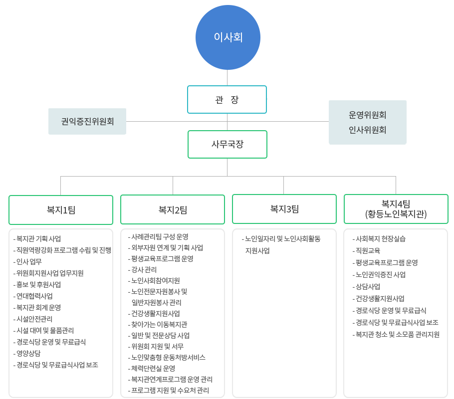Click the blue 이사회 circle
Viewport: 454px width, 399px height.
(228, 37)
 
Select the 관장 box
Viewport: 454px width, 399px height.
(227, 99)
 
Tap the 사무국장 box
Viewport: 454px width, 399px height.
(227, 144)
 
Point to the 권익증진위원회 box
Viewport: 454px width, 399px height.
(87, 121)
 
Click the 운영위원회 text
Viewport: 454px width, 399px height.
(367, 115)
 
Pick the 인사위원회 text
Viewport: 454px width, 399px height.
(367, 130)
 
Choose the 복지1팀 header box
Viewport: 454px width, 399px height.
(61, 210)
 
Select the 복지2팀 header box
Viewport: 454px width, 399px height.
(173, 209)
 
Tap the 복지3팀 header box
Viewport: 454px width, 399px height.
(284, 209)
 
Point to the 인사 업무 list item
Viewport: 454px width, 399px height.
(27, 262)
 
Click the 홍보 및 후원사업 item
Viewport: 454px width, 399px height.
(37, 285)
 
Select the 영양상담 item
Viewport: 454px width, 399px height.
(27, 354)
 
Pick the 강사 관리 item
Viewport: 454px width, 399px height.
(143, 269)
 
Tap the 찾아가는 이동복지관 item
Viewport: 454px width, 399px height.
(158, 325)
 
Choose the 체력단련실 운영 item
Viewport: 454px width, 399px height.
(152, 368)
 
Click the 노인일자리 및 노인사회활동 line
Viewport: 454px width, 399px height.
(281, 239)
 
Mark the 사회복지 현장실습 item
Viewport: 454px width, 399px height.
(379, 239)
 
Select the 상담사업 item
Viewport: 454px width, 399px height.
(366, 287)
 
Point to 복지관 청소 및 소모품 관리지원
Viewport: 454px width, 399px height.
(396, 335)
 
